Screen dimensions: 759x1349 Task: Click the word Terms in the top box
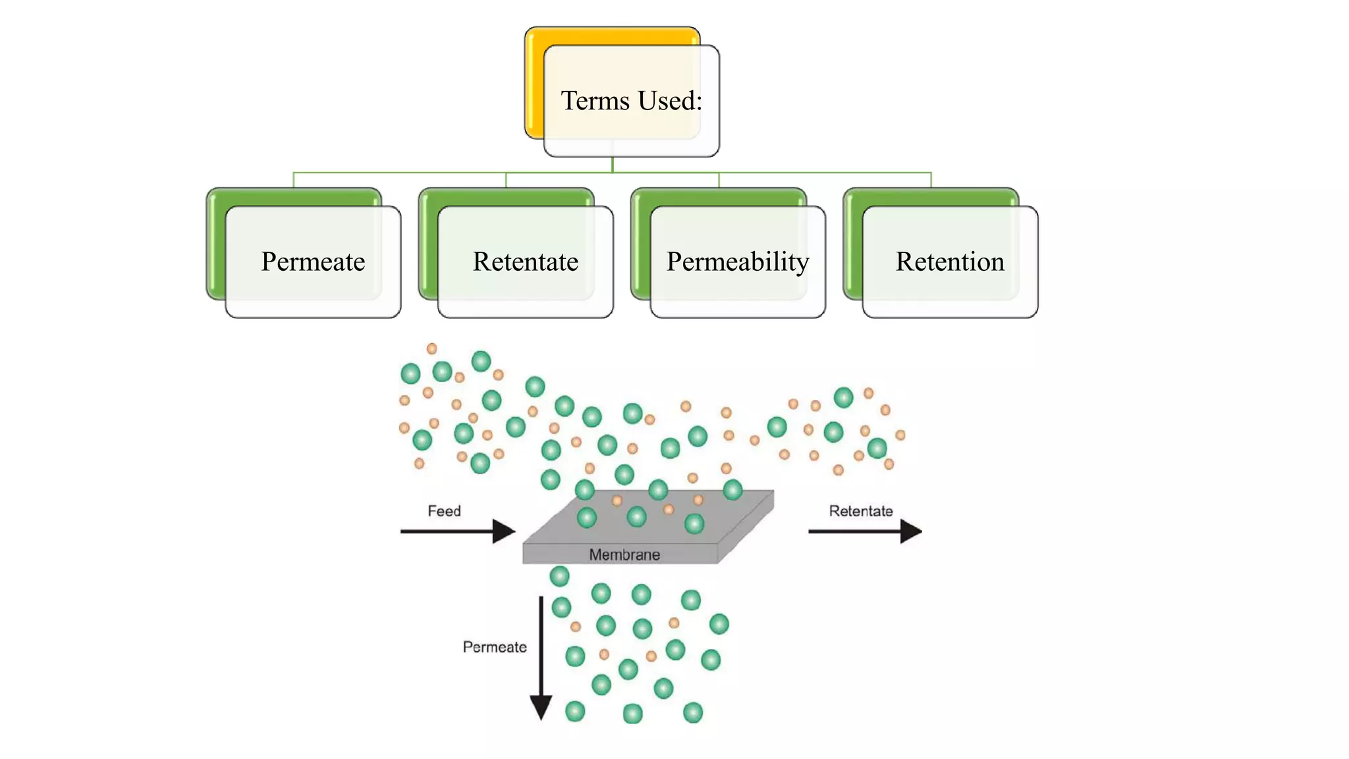click(595, 101)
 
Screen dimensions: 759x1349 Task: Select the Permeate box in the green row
click(313, 262)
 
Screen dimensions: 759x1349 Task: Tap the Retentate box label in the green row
click(525, 262)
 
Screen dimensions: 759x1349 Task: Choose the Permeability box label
click(737, 262)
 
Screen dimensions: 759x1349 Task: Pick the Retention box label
click(949, 262)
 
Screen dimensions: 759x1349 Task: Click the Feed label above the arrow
click(444, 511)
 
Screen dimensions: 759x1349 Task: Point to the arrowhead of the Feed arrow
click(504, 531)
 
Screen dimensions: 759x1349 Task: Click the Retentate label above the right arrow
click(860, 511)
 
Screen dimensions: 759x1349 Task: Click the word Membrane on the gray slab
click(624, 555)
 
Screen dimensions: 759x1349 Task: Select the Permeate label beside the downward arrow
click(494, 647)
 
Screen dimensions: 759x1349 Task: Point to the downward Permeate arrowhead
click(541, 709)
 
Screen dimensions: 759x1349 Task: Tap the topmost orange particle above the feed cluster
click(431, 349)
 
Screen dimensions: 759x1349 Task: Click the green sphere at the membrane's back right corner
click(732, 490)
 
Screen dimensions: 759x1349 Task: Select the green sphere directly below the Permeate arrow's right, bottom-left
click(575, 712)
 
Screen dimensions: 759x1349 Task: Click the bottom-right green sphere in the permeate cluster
click(693, 712)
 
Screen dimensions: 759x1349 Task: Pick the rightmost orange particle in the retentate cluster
click(900, 435)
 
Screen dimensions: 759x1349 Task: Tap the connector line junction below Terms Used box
click(613, 173)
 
